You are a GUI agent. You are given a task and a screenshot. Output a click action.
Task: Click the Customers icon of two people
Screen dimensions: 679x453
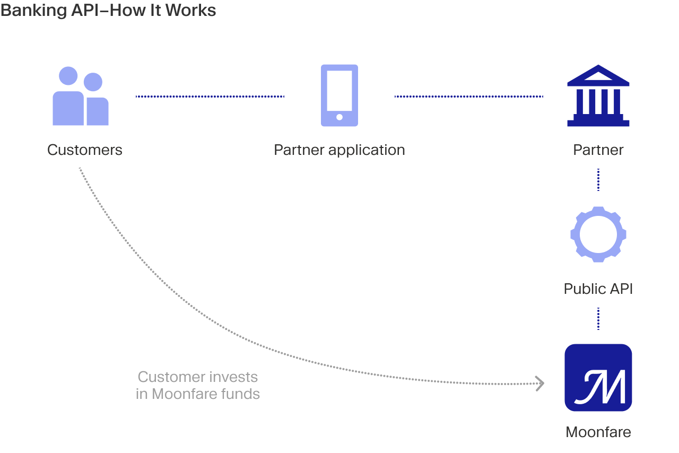(x=80, y=96)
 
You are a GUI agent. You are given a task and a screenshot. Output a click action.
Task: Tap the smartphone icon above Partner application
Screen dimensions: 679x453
(x=339, y=95)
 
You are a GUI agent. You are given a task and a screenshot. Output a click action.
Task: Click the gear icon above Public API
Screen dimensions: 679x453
(x=598, y=234)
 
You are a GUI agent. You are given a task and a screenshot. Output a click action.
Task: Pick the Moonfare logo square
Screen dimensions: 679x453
(x=598, y=378)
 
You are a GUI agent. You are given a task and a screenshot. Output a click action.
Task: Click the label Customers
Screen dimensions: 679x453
(x=84, y=150)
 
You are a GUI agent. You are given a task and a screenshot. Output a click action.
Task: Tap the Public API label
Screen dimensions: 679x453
(x=598, y=289)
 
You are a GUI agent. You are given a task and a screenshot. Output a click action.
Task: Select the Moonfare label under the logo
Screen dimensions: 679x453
(x=598, y=432)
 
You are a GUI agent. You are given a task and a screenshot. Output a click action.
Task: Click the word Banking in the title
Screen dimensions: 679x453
(x=33, y=11)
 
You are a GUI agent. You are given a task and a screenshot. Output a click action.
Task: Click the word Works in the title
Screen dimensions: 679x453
(x=190, y=10)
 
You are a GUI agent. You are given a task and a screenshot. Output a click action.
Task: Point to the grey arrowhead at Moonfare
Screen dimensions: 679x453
(x=540, y=384)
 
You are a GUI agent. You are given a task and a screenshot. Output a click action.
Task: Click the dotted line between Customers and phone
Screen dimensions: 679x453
(x=210, y=97)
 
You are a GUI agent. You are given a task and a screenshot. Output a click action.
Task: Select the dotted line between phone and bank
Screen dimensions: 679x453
(x=468, y=97)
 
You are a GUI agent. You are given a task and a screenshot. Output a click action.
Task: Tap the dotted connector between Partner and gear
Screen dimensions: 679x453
(x=598, y=180)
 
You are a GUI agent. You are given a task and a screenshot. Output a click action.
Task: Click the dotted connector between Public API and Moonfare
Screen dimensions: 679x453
(x=598, y=319)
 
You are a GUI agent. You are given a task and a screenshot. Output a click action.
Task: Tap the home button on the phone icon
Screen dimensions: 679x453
(x=339, y=117)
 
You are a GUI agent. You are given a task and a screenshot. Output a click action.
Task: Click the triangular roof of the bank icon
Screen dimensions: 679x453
(x=598, y=75)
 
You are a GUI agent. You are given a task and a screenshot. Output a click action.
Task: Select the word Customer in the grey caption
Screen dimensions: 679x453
(x=171, y=377)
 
